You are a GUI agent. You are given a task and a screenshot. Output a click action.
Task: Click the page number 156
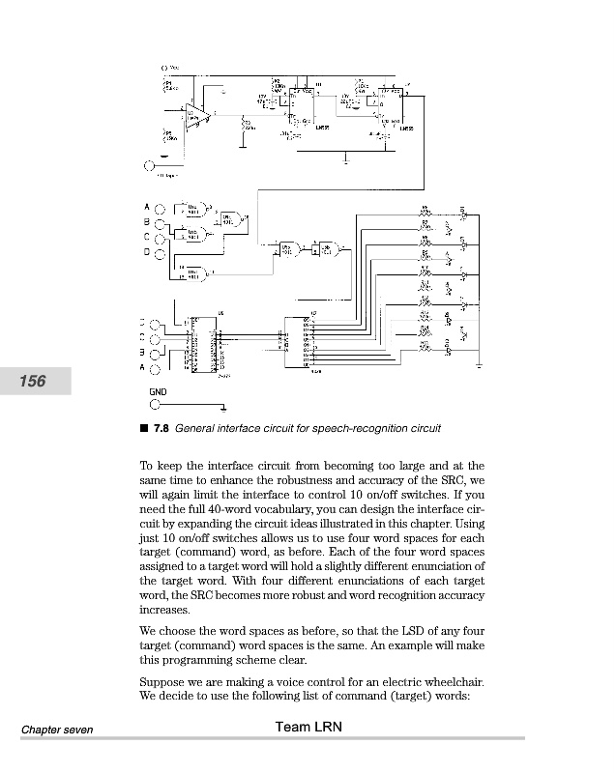point(32,382)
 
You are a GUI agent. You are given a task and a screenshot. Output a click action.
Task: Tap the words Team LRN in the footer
point(308,728)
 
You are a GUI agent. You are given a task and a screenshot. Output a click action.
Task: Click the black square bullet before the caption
point(144,427)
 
